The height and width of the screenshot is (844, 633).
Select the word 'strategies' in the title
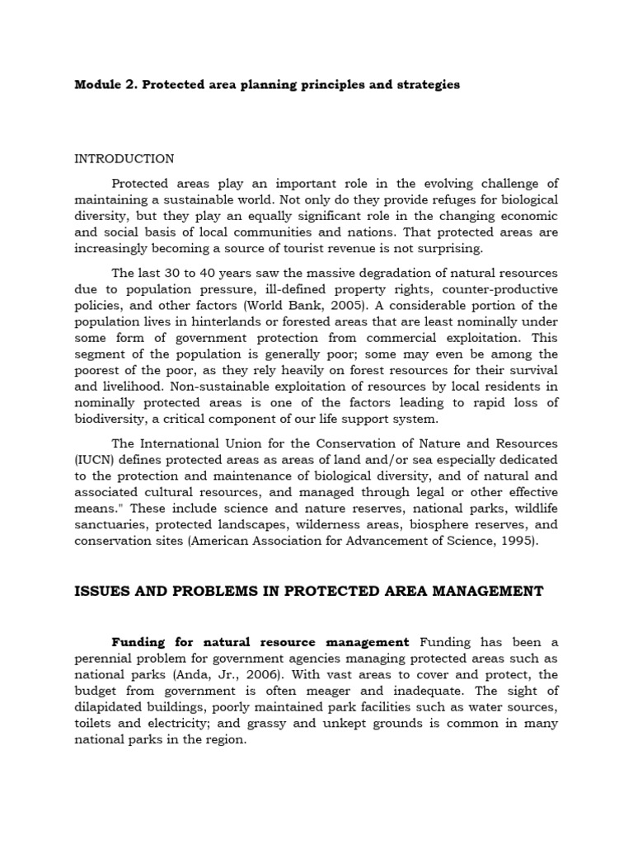(424, 85)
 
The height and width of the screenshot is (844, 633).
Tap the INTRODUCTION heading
(124, 158)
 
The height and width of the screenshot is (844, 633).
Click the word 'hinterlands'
(227, 321)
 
